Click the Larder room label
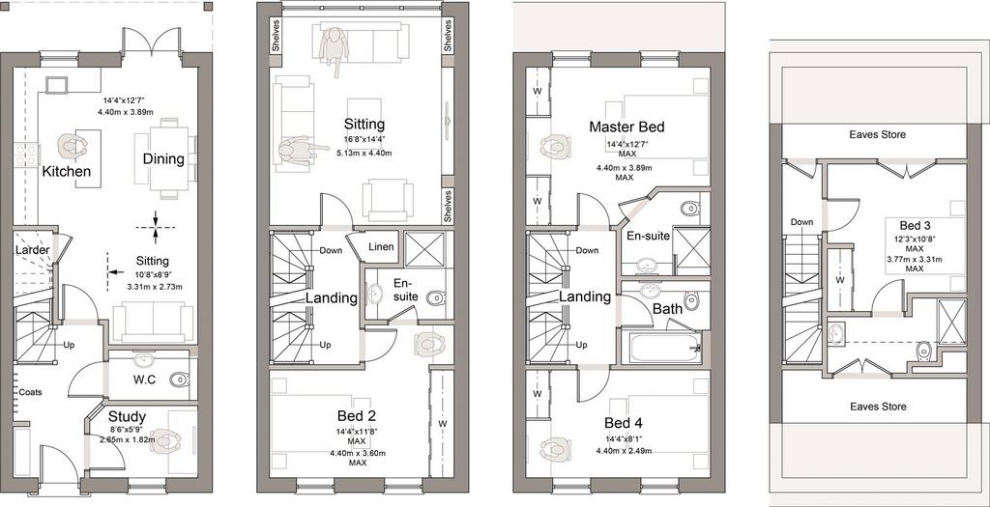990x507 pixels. (x=32, y=250)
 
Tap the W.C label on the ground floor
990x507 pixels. (x=145, y=380)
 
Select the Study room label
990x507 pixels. (x=127, y=417)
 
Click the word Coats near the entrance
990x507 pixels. (x=30, y=392)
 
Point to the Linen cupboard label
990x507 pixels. (x=381, y=246)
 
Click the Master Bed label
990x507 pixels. (x=626, y=127)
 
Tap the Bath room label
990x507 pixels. (x=667, y=309)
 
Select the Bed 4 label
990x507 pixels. (x=624, y=423)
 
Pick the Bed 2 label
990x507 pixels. (x=358, y=416)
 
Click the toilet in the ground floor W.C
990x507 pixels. (x=179, y=379)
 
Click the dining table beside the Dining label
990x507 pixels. (x=168, y=158)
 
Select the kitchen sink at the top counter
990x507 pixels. (x=56, y=86)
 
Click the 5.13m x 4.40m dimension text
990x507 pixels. (x=364, y=153)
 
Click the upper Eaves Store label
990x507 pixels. (x=877, y=134)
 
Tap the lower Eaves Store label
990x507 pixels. (x=877, y=407)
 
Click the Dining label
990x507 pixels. (x=162, y=159)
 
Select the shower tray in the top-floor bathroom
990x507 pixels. (x=951, y=323)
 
